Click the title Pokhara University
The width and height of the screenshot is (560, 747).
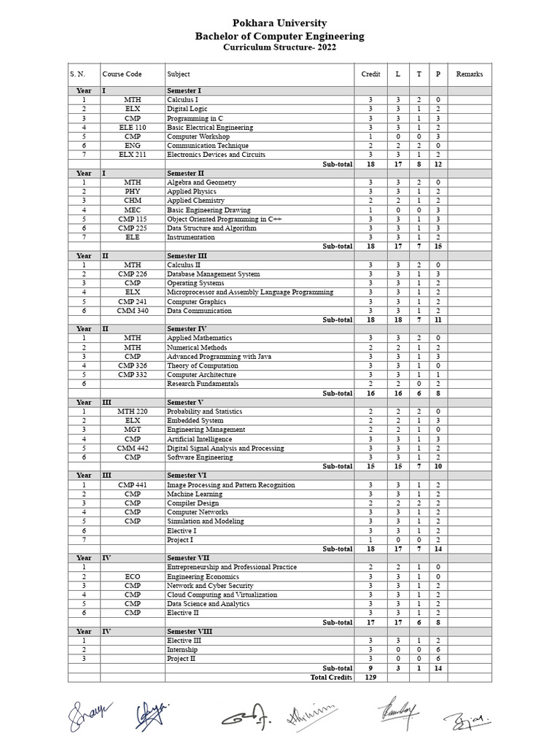(x=279, y=23)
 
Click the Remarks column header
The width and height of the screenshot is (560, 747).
(x=469, y=74)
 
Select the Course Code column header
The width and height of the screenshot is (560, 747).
(x=122, y=74)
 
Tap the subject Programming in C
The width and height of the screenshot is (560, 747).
(x=195, y=118)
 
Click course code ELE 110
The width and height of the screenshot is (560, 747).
(x=133, y=128)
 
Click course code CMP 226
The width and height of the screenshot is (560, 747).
(x=133, y=274)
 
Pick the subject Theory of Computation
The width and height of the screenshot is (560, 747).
(x=202, y=365)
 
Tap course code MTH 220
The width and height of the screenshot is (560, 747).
(x=133, y=411)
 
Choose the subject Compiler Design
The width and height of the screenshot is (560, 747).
(x=192, y=503)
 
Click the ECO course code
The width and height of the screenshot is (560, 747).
(x=133, y=576)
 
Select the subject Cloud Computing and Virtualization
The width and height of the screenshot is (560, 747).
(x=222, y=595)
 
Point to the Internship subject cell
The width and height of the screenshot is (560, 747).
(x=182, y=649)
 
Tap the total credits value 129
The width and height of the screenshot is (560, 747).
(x=370, y=677)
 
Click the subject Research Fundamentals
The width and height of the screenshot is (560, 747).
(x=202, y=384)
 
